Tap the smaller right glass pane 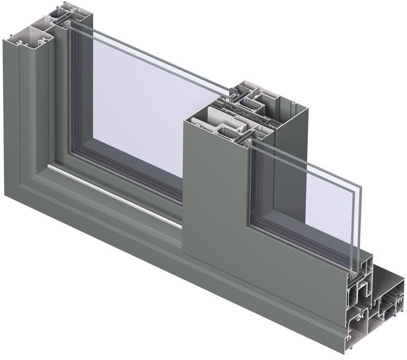[301, 195]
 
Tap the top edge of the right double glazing [307, 159]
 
